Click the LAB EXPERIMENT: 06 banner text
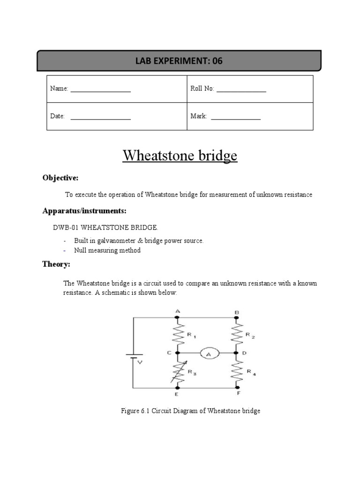(179, 61)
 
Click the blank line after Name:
(100, 90)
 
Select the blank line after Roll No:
(241, 90)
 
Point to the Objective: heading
(60, 178)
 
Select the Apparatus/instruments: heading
(84, 211)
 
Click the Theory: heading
(56, 264)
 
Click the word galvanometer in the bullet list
(111, 240)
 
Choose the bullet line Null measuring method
(107, 250)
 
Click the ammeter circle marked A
(207, 353)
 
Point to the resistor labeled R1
(177, 335)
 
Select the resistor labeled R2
(237, 335)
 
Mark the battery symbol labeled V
(134, 357)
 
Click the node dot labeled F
(237, 388)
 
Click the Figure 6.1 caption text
(190, 411)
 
